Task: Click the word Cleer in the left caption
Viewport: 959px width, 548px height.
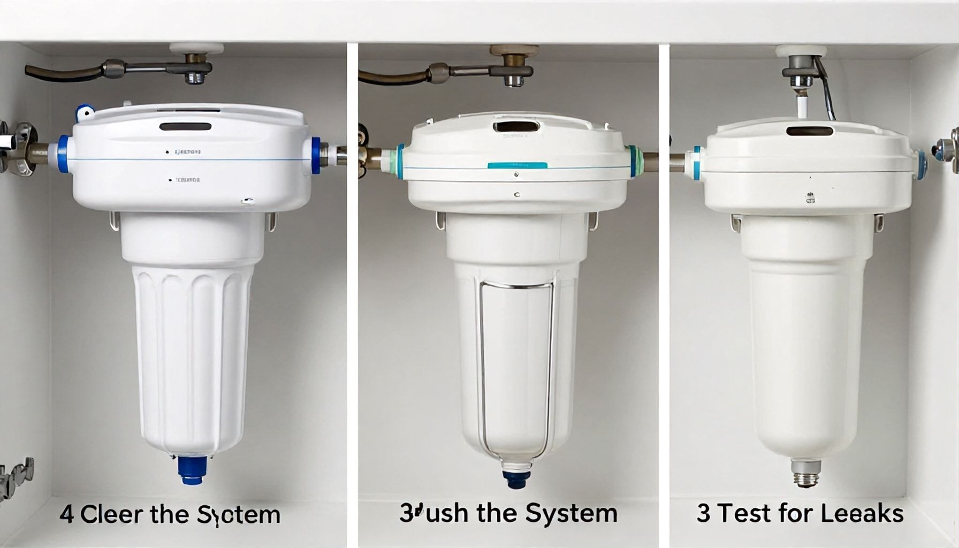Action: (x=111, y=514)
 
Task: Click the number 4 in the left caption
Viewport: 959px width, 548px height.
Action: (x=66, y=514)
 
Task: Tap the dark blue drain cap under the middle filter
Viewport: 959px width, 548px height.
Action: (x=516, y=478)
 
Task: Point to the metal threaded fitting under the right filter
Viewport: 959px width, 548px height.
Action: (x=806, y=474)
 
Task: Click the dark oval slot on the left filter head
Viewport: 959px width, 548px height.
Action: (x=185, y=127)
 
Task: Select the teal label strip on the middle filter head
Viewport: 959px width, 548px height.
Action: (x=517, y=165)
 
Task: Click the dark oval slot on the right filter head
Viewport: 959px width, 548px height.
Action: (x=810, y=131)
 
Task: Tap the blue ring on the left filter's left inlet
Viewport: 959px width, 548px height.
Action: (x=63, y=154)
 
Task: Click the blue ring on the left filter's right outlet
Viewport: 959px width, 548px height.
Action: (x=316, y=156)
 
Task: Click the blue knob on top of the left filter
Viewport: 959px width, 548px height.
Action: (x=84, y=112)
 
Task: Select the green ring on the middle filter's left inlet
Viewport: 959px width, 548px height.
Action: (x=398, y=161)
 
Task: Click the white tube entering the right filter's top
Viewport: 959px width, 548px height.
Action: (x=802, y=106)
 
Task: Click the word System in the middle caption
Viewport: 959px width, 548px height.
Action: (x=571, y=513)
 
